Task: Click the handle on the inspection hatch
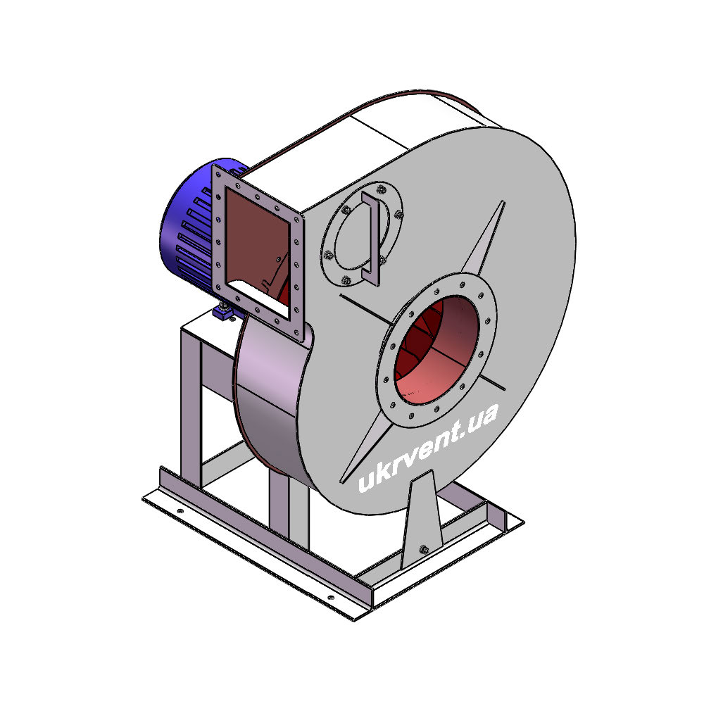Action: [372, 239]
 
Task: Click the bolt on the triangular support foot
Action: [423, 548]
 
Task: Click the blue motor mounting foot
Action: [224, 312]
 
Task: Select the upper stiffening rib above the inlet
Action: [484, 238]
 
